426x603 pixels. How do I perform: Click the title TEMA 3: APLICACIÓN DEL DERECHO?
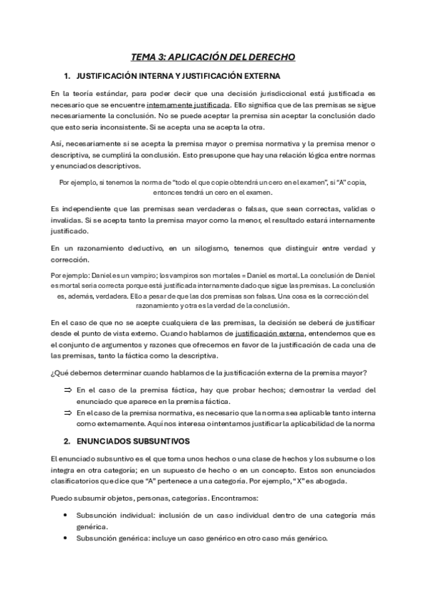point(213,56)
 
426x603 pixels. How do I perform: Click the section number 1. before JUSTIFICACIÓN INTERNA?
point(66,75)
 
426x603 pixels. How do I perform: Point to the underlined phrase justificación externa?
point(267,333)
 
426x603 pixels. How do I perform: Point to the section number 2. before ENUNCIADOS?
point(66,441)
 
